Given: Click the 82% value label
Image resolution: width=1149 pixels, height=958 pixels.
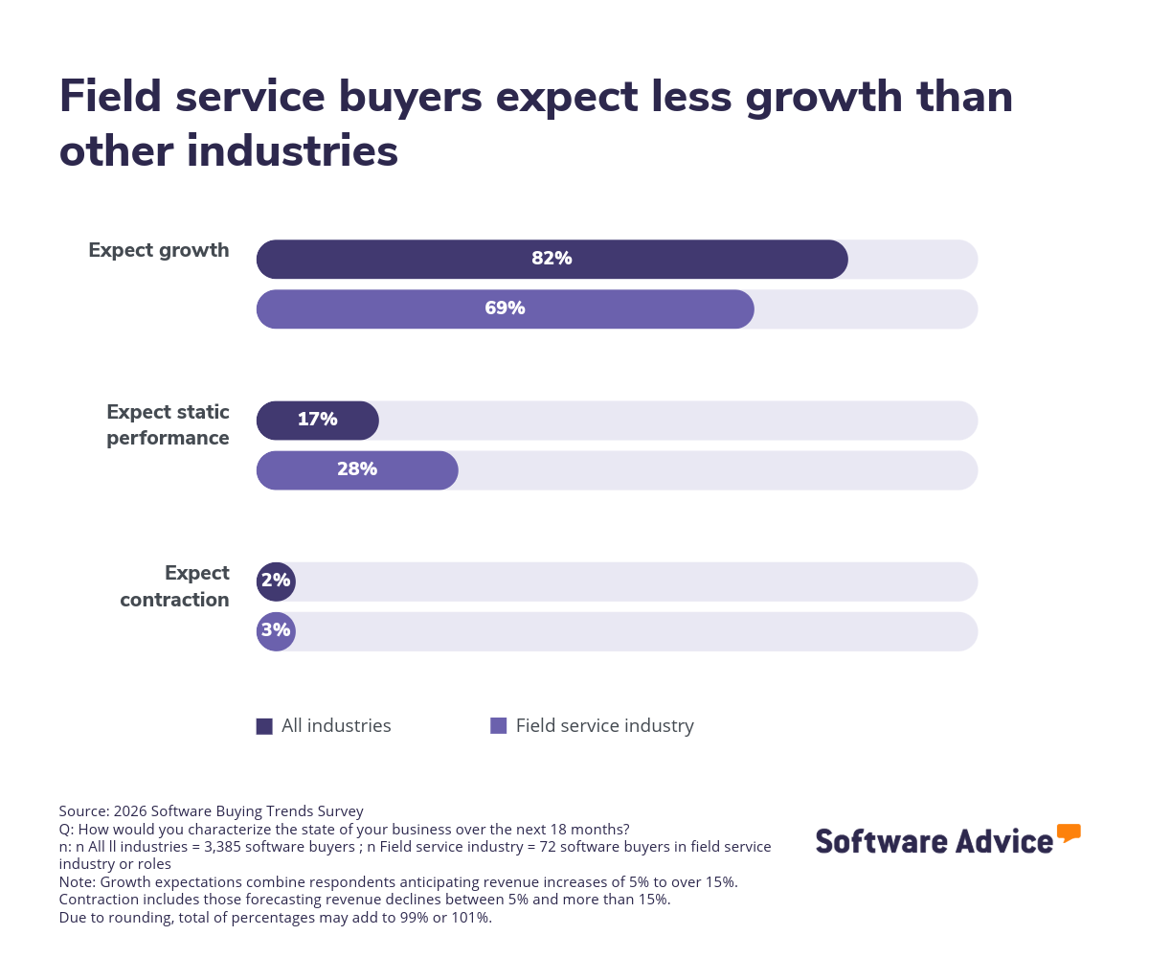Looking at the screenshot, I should click(x=552, y=259).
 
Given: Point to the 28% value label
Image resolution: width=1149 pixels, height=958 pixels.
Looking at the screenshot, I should click(x=357, y=469).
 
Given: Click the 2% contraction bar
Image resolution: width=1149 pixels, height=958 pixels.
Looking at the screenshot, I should click(x=276, y=582).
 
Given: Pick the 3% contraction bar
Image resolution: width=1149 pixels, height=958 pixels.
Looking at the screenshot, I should click(x=276, y=631).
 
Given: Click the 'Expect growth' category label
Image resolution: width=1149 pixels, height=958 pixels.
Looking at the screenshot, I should click(x=159, y=250).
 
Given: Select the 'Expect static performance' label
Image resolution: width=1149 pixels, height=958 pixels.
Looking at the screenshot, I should click(x=169, y=425).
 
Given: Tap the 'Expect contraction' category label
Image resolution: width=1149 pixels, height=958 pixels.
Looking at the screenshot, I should click(x=175, y=586).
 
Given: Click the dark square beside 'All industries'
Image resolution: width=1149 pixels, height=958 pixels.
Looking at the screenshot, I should click(x=264, y=726).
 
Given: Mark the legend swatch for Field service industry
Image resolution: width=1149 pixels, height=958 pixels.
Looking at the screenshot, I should click(x=498, y=726).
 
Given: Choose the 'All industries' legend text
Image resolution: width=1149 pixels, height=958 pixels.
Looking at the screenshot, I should click(x=336, y=726).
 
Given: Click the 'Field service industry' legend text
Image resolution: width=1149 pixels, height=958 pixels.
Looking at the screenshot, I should click(x=605, y=726).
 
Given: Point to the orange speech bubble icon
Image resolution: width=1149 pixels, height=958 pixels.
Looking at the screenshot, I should click(x=1069, y=833).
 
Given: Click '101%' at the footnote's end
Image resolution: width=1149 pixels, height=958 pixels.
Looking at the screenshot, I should click(x=473, y=917).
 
